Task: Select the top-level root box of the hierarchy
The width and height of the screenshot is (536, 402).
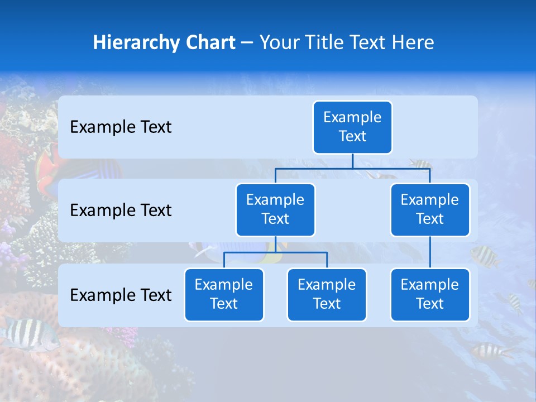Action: coord(352,127)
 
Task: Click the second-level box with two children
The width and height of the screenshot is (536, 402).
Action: coord(275,210)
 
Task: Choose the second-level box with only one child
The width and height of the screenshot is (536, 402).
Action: coord(430,210)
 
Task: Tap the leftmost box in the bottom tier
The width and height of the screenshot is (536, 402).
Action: coord(224,295)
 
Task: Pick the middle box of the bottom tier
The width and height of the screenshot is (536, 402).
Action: coord(327,295)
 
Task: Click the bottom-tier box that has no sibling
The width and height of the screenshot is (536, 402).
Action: coord(430,295)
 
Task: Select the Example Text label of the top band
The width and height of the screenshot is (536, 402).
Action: coord(121,127)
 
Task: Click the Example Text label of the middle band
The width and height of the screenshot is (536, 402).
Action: coord(121,210)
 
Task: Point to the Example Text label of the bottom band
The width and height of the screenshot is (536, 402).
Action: coord(121,295)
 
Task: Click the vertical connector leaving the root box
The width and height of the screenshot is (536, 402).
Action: coord(352,161)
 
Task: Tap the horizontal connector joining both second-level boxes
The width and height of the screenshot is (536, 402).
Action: coord(352,168)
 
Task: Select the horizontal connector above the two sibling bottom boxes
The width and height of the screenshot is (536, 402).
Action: coord(275,252)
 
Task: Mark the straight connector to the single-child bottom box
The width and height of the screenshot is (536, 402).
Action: coord(430,252)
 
